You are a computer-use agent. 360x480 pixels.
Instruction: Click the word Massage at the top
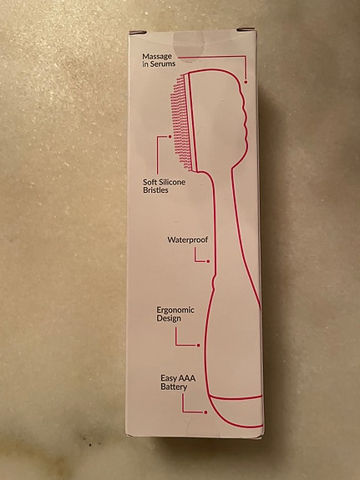[x=157, y=57]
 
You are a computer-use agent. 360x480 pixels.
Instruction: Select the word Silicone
[x=173, y=182]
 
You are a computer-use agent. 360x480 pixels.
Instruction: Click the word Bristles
[x=155, y=190]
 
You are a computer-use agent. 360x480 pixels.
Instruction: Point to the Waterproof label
[x=187, y=240]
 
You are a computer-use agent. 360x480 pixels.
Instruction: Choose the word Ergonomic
[x=175, y=310]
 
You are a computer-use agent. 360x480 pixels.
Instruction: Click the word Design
[x=169, y=318]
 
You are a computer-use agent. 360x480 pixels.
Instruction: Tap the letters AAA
[x=186, y=379]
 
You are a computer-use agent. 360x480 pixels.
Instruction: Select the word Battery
[x=174, y=387]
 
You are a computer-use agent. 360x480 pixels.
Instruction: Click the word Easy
[x=169, y=379]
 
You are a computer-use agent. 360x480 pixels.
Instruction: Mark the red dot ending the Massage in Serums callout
[x=246, y=82]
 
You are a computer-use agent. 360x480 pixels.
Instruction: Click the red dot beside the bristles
[x=170, y=137]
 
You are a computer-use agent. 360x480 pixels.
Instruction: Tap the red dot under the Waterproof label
[x=208, y=261]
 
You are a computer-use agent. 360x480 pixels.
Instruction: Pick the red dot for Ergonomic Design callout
[x=199, y=346]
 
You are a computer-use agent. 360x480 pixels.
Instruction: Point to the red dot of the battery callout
[x=205, y=412]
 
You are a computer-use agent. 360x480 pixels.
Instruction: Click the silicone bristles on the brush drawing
[x=181, y=123]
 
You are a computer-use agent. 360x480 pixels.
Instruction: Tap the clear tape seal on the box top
[x=190, y=46]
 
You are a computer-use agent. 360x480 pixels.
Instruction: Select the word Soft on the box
[x=150, y=182]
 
